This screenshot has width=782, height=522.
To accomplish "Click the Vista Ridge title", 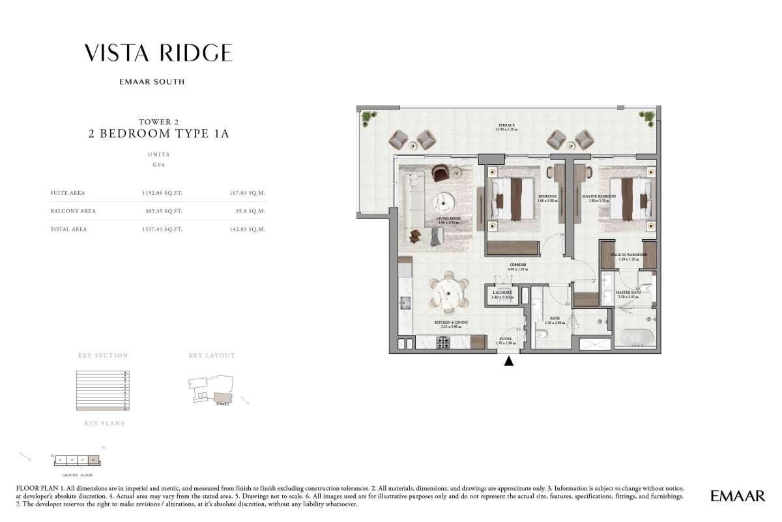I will [158, 53].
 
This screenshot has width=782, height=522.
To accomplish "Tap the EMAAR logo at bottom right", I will [738, 497].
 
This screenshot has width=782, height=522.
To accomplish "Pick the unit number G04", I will [158, 166].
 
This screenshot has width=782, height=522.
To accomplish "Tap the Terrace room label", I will [507, 126].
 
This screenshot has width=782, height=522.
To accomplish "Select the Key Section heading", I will [103, 356].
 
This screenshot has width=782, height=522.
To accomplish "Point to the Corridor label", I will [518, 266].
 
